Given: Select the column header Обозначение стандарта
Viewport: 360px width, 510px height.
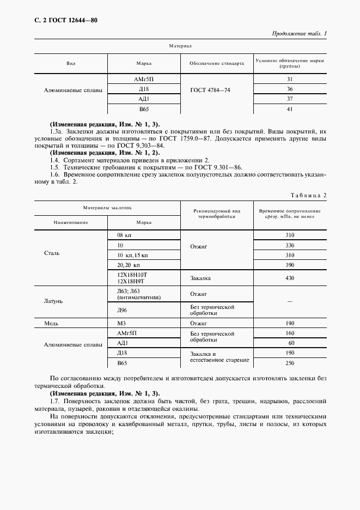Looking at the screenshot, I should click(216, 63).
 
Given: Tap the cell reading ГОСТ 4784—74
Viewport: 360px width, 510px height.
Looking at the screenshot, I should click(210, 89).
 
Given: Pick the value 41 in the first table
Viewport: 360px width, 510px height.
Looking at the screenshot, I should click(290, 109).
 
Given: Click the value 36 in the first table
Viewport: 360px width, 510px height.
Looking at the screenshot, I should click(290, 89).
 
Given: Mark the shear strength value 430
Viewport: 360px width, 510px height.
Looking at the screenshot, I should click(290, 278).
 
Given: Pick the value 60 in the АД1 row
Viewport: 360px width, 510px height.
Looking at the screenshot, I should click(290, 343).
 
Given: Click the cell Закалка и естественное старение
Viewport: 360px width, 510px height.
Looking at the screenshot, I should click(212, 357).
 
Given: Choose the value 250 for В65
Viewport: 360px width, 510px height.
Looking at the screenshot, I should click(290, 363).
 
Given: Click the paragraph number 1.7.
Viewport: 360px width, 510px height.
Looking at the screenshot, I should click(55, 401).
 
